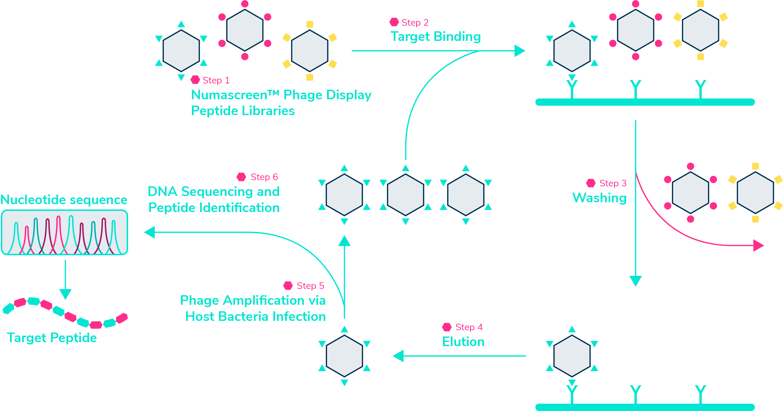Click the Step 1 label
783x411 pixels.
tap(216, 80)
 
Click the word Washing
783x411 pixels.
tap(599, 198)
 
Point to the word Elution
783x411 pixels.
tap(463, 342)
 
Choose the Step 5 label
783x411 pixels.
tap(310, 286)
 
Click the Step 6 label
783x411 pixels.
tap(264, 177)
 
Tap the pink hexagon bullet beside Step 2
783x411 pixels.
tap(394, 22)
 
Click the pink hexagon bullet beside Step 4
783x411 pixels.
tap(446, 327)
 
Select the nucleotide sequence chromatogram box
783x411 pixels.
tap(64, 232)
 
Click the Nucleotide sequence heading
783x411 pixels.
tap(64, 200)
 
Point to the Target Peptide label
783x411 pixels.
tap(52, 338)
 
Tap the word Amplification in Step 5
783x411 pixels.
tap(263, 301)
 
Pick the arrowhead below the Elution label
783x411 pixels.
tap(398, 356)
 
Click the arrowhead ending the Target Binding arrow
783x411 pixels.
tap(520, 51)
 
